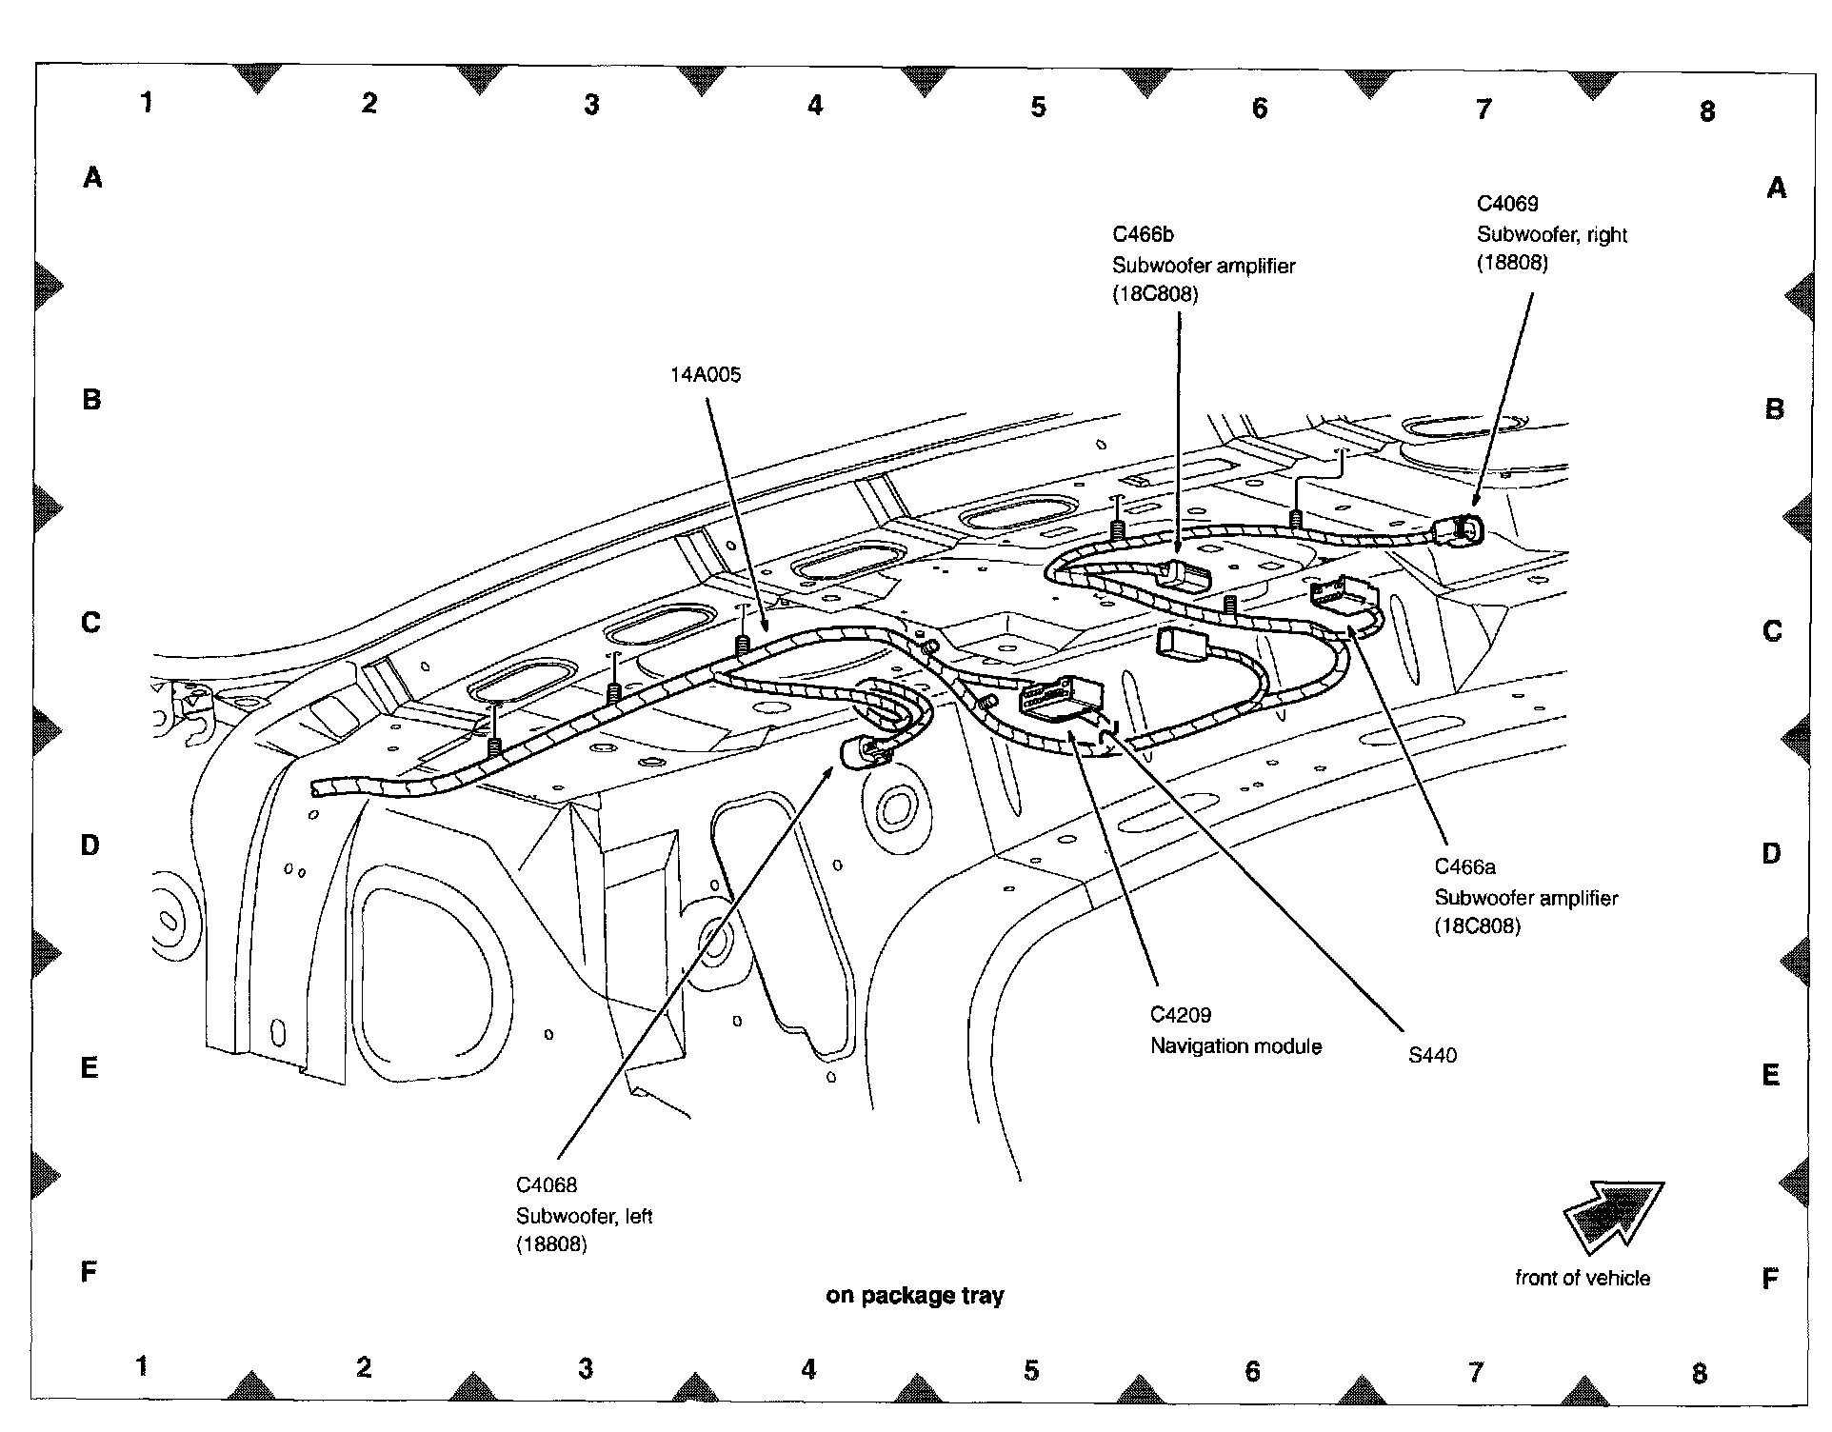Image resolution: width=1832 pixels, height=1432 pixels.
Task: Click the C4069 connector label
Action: tap(1506, 204)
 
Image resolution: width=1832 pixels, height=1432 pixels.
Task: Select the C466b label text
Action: tap(1143, 234)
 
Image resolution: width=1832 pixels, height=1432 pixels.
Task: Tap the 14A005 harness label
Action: tap(705, 375)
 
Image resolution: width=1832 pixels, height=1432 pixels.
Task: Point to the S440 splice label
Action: tap(1432, 1055)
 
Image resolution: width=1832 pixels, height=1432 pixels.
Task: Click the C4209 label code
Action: tap(1180, 1015)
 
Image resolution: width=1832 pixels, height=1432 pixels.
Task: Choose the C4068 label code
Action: tap(546, 1185)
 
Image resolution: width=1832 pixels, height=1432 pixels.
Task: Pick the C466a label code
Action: tap(1464, 866)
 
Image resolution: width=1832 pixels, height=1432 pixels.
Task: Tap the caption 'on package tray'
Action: tap(914, 1296)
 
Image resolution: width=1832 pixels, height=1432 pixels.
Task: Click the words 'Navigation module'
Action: tap(1236, 1046)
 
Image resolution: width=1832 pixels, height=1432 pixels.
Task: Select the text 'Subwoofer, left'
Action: tap(584, 1216)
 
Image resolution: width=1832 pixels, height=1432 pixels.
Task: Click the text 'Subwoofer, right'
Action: tap(1551, 235)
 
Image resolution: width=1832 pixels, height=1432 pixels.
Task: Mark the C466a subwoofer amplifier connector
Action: tap(1344, 596)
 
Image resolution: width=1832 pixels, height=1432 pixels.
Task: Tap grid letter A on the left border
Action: tap(92, 177)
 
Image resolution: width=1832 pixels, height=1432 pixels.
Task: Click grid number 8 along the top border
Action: tap(1706, 112)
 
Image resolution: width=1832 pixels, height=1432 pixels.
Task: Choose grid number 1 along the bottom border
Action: tap(141, 1366)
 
